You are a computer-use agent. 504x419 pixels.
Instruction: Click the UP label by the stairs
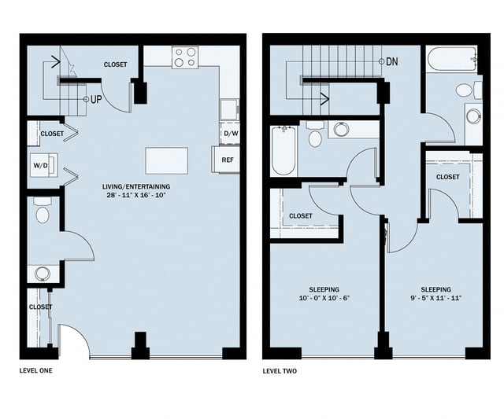95,100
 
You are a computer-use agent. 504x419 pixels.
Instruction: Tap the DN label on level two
392,61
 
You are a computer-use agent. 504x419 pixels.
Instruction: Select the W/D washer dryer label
40,166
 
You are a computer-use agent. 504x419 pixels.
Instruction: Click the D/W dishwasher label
230,134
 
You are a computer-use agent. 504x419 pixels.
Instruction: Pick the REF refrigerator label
228,160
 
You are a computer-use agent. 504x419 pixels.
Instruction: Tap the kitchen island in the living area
166,160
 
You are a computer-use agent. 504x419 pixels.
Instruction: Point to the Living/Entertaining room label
136,186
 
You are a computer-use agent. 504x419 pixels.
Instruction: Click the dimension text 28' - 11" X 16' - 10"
136,196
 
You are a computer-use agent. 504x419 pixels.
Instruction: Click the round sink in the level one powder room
42,274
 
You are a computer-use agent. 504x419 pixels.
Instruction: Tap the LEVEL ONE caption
38,369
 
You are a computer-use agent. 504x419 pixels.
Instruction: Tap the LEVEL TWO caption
282,369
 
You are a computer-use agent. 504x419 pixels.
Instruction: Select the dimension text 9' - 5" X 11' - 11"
435,299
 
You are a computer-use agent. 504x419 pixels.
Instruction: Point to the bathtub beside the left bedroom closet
282,151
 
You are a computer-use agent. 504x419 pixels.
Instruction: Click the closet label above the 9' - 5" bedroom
447,177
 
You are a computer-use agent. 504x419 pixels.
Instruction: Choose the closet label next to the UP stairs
115,64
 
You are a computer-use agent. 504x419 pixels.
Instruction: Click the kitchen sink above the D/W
229,108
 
